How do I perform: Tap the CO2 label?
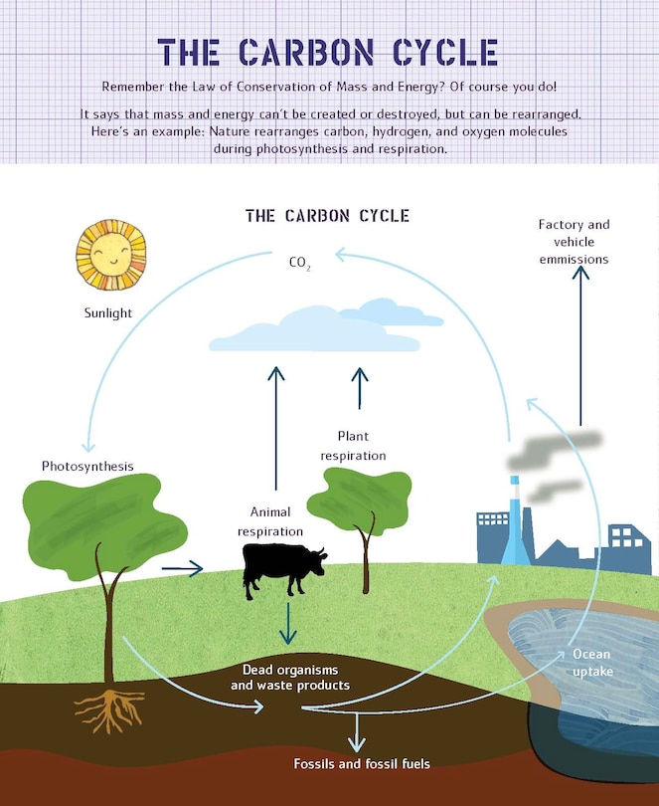click(x=299, y=264)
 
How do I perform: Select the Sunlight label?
click(x=108, y=313)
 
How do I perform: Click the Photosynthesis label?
click(x=87, y=466)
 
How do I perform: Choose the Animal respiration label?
click(x=269, y=521)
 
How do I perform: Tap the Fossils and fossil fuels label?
click(x=362, y=764)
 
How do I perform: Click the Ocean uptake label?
click(x=591, y=663)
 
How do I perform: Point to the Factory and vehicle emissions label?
click(x=574, y=242)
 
